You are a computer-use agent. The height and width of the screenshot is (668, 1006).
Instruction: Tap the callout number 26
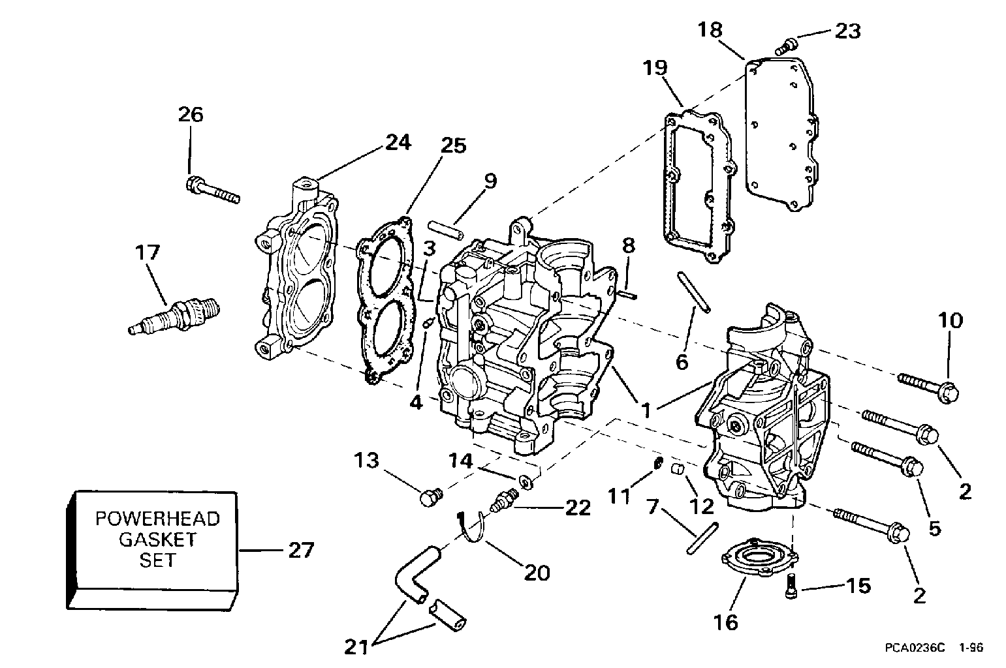[x=191, y=115]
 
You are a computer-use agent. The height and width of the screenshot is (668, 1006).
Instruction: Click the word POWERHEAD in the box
[x=157, y=519]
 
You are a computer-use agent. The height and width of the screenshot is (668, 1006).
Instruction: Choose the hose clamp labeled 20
[x=471, y=525]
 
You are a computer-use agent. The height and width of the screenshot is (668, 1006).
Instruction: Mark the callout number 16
[x=726, y=622]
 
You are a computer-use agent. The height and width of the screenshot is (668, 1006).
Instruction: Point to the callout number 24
[x=398, y=142]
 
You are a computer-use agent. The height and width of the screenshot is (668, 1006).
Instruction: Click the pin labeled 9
[x=445, y=231]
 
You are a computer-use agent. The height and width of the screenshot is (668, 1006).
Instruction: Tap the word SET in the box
[x=157, y=560]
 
